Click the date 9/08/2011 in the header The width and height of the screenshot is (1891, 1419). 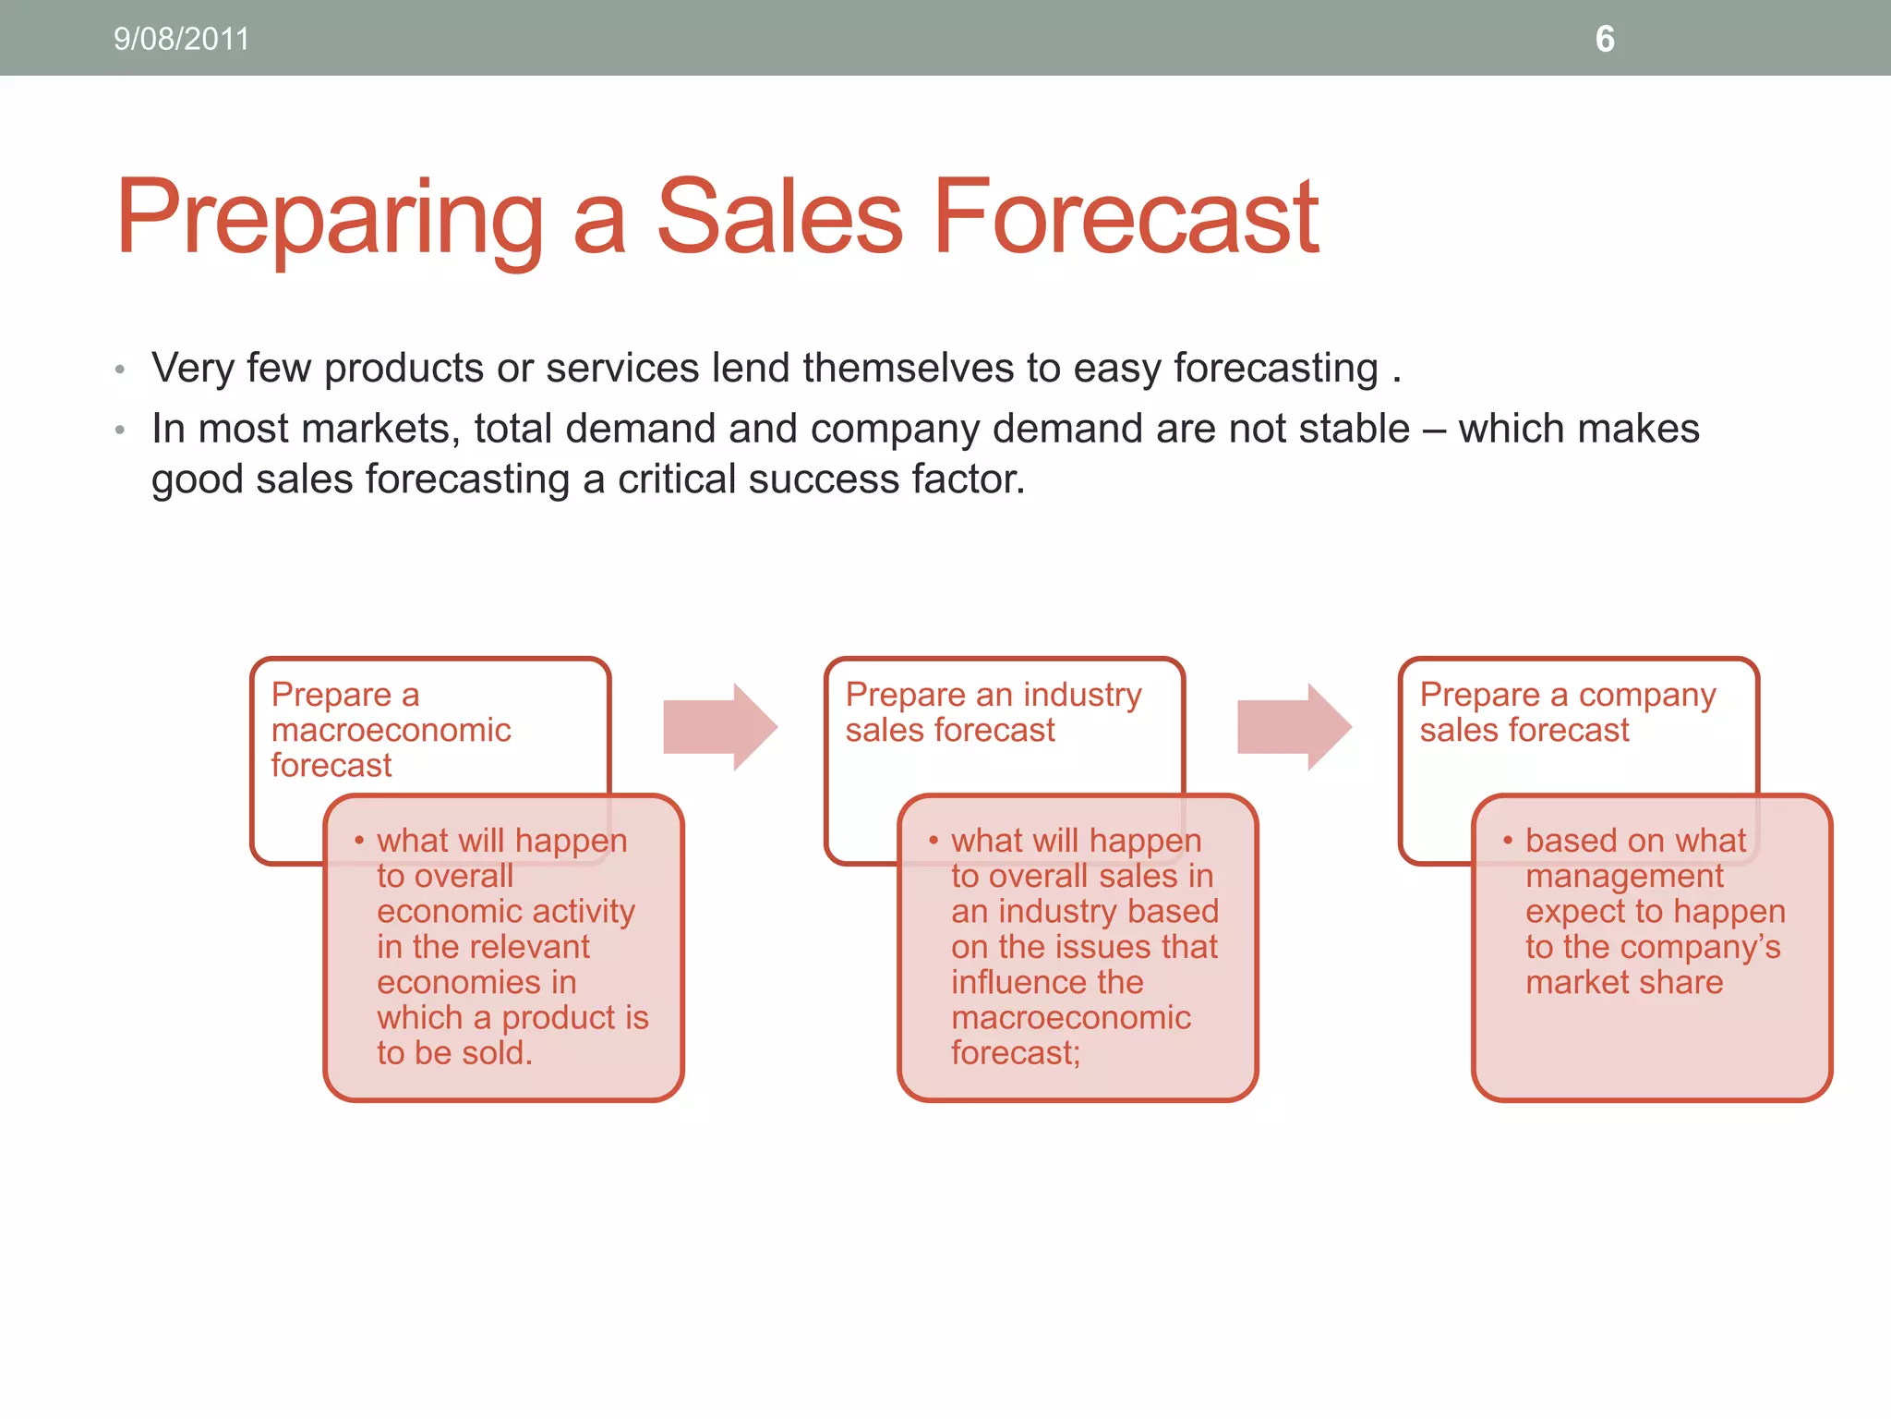[x=181, y=39]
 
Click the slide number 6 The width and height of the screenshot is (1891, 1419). [x=1605, y=39]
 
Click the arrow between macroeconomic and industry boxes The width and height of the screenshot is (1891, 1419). [x=721, y=727]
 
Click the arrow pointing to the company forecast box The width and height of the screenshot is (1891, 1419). [x=1295, y=727]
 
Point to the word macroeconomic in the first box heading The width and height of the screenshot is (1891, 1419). [x=391, y=730]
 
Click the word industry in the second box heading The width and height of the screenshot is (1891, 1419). [x=1082, y=694]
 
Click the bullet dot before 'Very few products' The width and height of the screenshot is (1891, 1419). [x=120, y=370]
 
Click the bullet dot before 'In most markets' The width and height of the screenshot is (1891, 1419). [x=120, y=431]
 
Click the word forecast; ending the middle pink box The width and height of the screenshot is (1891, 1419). [x=1016, y=1052]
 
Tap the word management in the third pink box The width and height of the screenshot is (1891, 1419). [x=1624, y=876]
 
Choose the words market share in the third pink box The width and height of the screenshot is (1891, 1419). [x=1624, y=982]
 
